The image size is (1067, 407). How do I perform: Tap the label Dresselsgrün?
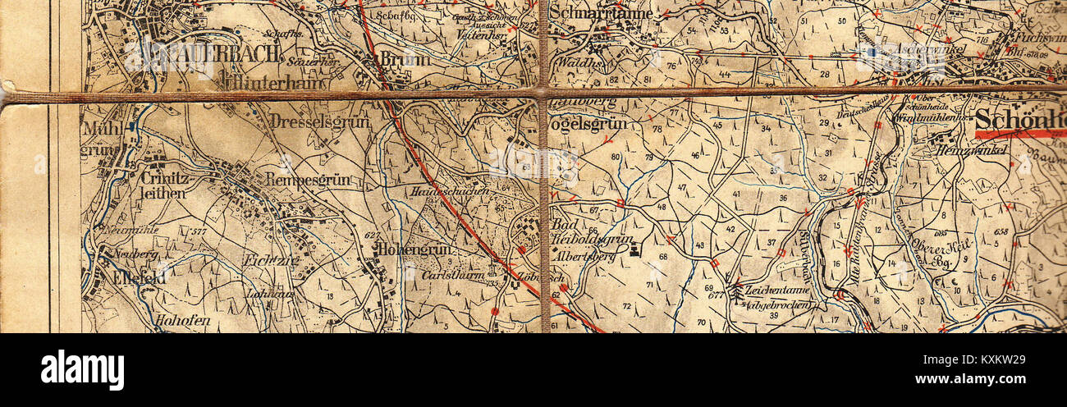point(318,121)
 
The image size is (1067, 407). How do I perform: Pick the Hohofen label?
point(183,320)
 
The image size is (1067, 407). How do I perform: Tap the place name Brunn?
point(405,59)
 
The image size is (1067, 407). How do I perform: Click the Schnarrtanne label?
point(601,13)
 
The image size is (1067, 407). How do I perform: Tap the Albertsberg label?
point(582,256)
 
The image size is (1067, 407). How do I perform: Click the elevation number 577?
point(197,232)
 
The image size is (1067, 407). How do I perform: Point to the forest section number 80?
point(616,157)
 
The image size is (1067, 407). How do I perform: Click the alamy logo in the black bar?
point(82,370)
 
